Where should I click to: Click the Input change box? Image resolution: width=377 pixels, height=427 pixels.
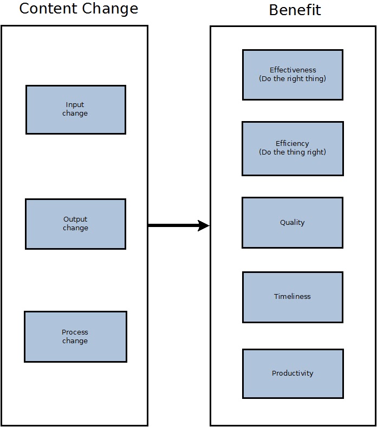click(x=75, y=109)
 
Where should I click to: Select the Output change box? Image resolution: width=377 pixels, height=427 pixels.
click(x=75, y=224)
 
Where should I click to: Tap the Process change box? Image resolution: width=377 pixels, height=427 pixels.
click(x=75, y=336)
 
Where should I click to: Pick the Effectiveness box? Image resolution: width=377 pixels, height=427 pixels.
click(x=292, y=75)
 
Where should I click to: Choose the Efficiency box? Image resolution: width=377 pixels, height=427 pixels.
click(x=292, y=148)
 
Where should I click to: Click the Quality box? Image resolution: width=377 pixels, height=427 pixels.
click(x=292, y=222)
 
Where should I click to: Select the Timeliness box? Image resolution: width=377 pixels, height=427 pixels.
click(x=292, y=297)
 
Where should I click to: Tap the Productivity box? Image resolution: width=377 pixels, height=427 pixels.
click(x=292, y=373)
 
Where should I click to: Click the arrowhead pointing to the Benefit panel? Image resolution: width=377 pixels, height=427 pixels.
click(x=204, y=225)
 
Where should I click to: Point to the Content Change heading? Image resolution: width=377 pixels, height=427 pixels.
click(x=79, y=9)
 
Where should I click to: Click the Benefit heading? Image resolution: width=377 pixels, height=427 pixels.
click(x=295, y=10)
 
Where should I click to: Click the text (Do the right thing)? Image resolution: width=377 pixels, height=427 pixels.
click(x=292, y=79)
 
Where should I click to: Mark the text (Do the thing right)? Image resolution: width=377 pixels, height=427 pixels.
click(x=292, y=152)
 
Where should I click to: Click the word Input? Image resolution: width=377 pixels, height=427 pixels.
click(x=75, y=105)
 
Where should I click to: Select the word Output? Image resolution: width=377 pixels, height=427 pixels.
click(x=75, y=219)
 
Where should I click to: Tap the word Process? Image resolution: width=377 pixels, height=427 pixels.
click(x=75, y=332)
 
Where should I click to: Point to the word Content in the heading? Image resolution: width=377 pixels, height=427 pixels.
click(x=48, y=9)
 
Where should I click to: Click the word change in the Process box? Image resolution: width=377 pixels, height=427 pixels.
click(x=75, y=341)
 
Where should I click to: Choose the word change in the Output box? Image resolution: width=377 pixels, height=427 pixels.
click(x=75, y=228)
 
